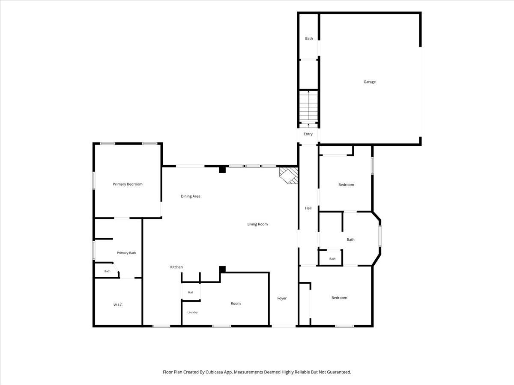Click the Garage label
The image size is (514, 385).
point(370,82)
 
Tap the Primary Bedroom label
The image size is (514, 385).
point(128,184)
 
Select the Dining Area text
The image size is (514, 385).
point(190,196)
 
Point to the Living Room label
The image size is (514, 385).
point(257,224)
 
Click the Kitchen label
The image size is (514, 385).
point(176,267)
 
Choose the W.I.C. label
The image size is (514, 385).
point(118,305)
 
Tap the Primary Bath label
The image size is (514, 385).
point(126,253)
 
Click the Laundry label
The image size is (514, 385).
point(192,312)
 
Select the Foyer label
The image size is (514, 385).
point(282,298)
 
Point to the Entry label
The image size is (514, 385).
point(308,134)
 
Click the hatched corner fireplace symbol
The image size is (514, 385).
point(289,175)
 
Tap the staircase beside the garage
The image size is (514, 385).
point(309,107)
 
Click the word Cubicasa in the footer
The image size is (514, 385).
point(215,372)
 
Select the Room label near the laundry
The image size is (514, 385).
point(236,303)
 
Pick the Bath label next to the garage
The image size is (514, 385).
point(309,38)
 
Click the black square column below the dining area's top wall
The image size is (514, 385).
point(222,170)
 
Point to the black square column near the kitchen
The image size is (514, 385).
point(222,269)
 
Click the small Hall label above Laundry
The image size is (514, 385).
point(191,292)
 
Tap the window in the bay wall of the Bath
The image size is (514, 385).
point(380,236)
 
